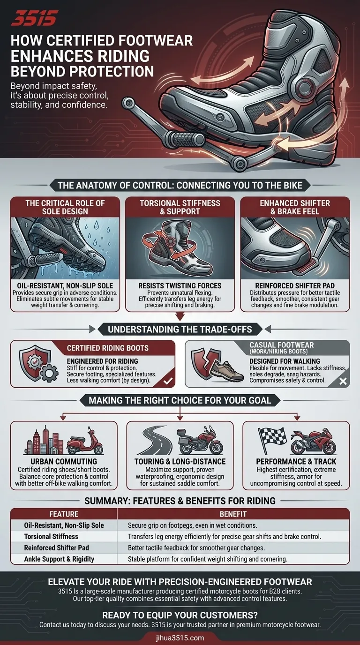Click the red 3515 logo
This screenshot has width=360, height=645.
(x=34, y=19)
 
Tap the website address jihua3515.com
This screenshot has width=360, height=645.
(x=180, y=637)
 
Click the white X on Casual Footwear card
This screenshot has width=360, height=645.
(x=343, y=381)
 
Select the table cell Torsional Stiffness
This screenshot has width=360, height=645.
(x=51, y=536)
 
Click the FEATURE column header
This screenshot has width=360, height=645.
(x=64, y=514)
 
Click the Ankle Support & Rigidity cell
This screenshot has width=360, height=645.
(x=59, y=559)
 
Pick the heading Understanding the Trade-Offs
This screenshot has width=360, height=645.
(x=180, y=329)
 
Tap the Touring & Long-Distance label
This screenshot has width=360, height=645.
(x=180, y=461)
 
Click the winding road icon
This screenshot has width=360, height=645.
(x=156, y=441)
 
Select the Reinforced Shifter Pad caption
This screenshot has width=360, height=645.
(x=295, y=285)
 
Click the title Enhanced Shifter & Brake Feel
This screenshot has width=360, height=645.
(x=295, y=207)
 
